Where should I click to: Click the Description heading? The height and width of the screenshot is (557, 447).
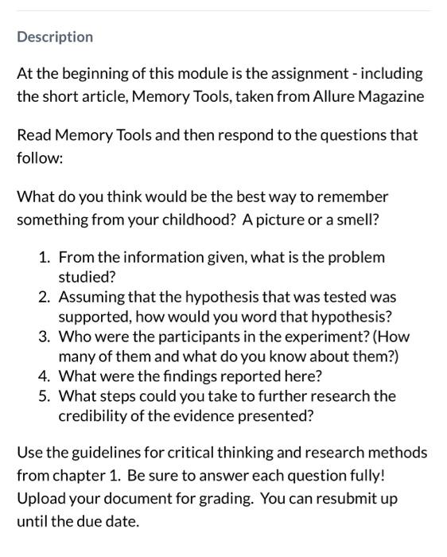55,37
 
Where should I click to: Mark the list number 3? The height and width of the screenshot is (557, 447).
45,337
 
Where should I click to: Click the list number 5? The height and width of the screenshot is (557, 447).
45,395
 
